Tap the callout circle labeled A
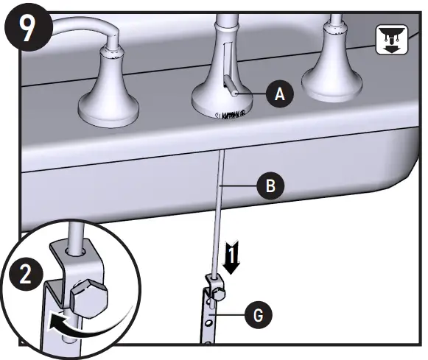point(278,93)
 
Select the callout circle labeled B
point(270,187)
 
